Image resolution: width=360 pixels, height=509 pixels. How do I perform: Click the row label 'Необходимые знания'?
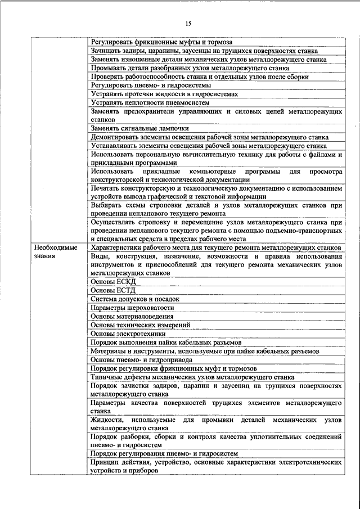click(56, 251)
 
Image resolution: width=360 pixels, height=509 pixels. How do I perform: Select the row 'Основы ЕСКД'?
click(113, 281)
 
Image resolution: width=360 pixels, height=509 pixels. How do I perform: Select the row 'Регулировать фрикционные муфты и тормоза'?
click(161, 42)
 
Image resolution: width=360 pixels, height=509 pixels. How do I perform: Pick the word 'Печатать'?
click(106, 188)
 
